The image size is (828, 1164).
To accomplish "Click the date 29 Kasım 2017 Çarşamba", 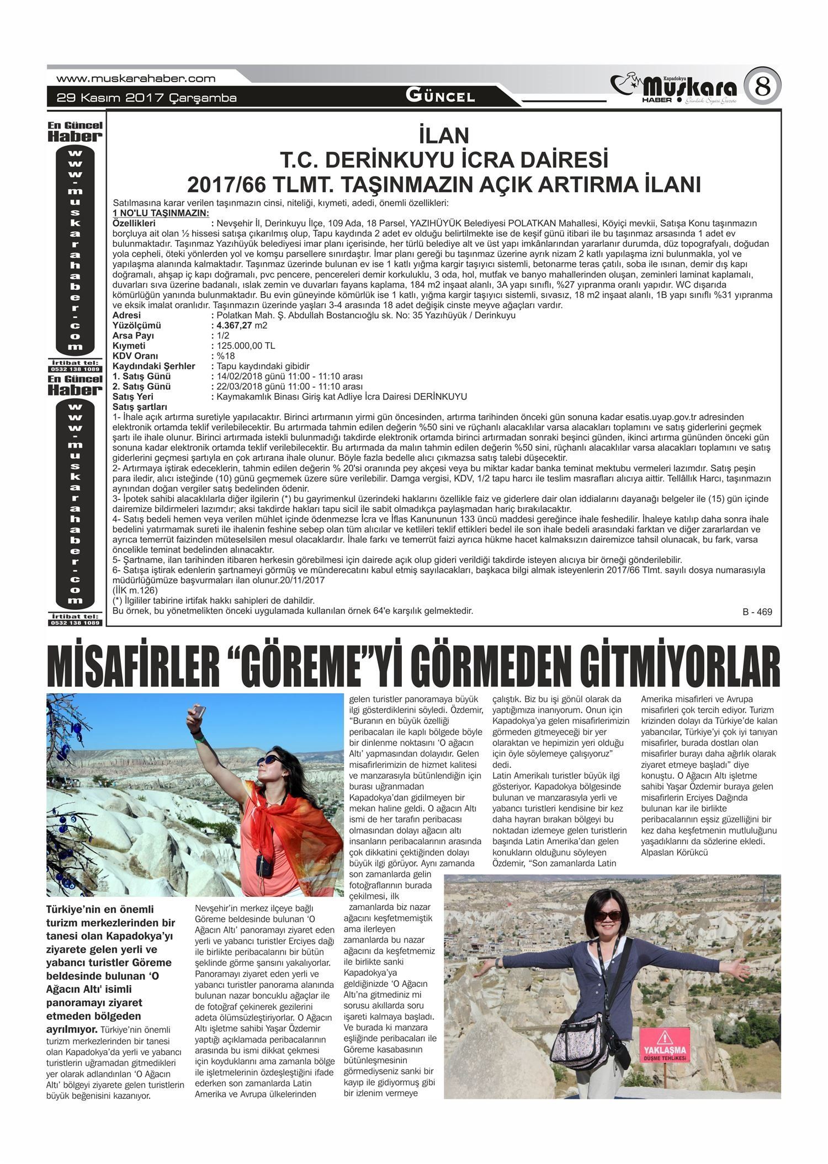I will pyautogui.click(x=147, y=98).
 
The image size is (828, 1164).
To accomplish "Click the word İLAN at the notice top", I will pyautogui.click(x=444, y=135).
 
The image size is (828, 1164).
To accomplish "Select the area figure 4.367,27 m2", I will pyautogui.click(x=242, y=326).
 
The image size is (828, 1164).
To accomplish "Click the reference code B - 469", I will pyautogui.click(x=757, y=612).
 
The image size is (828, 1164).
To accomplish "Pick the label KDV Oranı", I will pyautogui.click(x=135, y=356).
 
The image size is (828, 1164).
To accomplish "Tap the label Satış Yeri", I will pyautogui.click(x=133, y=397).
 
